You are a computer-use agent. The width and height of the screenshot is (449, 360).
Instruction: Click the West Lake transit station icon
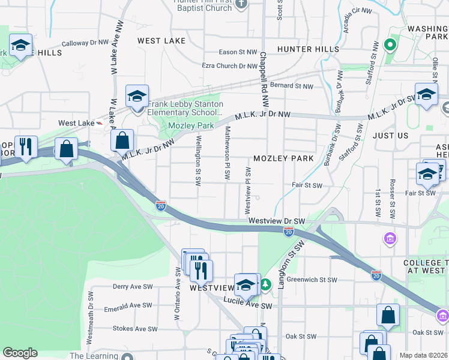point(99,123)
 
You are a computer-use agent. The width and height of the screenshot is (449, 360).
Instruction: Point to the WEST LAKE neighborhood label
point(161,41)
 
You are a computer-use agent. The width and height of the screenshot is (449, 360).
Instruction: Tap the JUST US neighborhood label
point(390,136)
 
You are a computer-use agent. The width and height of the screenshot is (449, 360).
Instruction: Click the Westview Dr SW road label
point(277,221)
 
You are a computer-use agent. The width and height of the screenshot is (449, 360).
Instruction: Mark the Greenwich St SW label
point(313,280)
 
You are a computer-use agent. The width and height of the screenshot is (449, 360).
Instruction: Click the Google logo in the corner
point(20,353)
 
